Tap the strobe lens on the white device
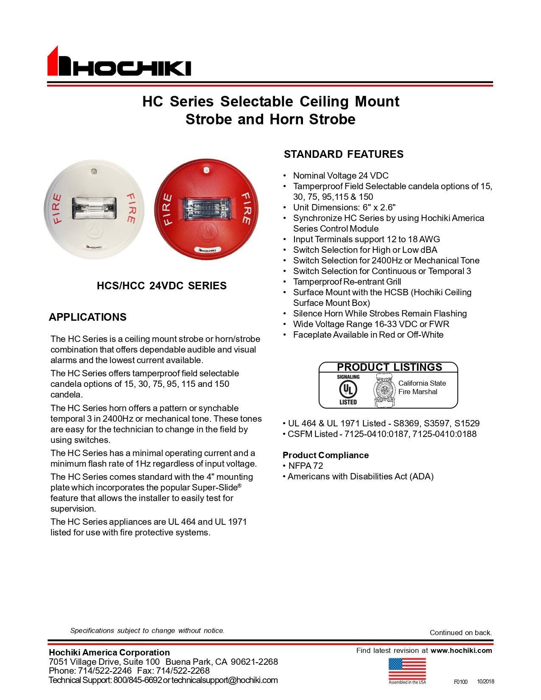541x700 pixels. (94, 207)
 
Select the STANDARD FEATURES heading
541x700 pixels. (343, 154)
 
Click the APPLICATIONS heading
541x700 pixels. (87, 317)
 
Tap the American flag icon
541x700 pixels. (407, 669)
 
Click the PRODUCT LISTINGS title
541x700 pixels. (389, 367)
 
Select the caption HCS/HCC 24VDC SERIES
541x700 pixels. (162, 286)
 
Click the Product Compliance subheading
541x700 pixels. (325, 455)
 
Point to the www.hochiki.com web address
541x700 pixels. (461, 650)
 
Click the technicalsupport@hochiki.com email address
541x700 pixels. (224, 680)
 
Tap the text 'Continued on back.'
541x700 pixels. (460, 633)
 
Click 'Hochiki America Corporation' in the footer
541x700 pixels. (109, 652)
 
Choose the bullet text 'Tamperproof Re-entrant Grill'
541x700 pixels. (347, 282)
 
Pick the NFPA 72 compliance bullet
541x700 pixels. (305, 466)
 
